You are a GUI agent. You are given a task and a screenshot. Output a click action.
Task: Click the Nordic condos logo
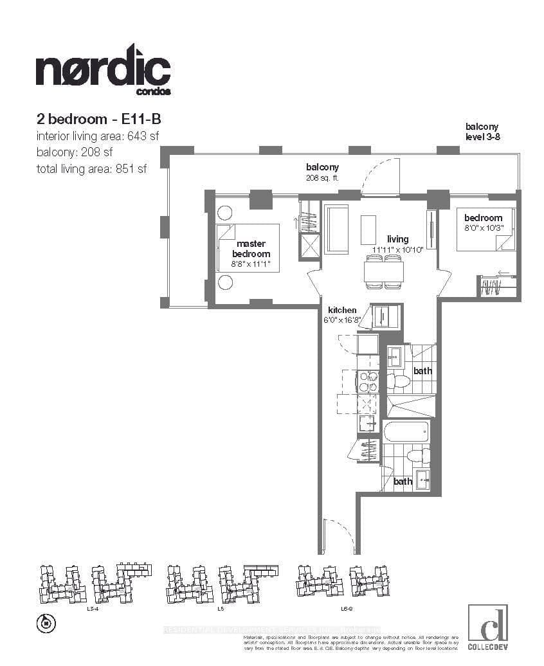point(103,69)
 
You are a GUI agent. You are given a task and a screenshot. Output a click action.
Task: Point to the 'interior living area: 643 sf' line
point(97,136)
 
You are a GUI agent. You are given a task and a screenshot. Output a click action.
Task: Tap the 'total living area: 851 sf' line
point(91,169)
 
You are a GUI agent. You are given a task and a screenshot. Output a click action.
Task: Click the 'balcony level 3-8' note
point(482,132)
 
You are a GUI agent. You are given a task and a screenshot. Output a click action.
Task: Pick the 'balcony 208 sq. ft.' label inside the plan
point(322,172)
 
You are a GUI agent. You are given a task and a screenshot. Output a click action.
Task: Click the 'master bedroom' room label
point(251,249)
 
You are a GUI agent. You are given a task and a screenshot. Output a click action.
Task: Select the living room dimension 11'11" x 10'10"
point(396,249)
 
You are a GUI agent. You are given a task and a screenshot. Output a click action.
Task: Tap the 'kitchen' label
point(342,310)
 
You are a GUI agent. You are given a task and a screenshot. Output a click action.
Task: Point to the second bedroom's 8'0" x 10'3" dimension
point(483,227)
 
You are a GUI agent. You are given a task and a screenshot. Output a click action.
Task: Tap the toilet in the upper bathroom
point(399,381)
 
